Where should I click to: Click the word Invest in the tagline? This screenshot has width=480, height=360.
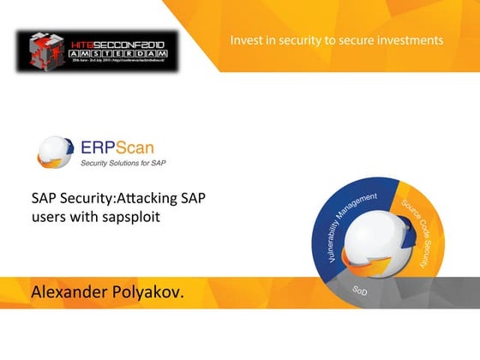point(248,39)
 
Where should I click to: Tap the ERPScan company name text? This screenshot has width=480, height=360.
point(117,147)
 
